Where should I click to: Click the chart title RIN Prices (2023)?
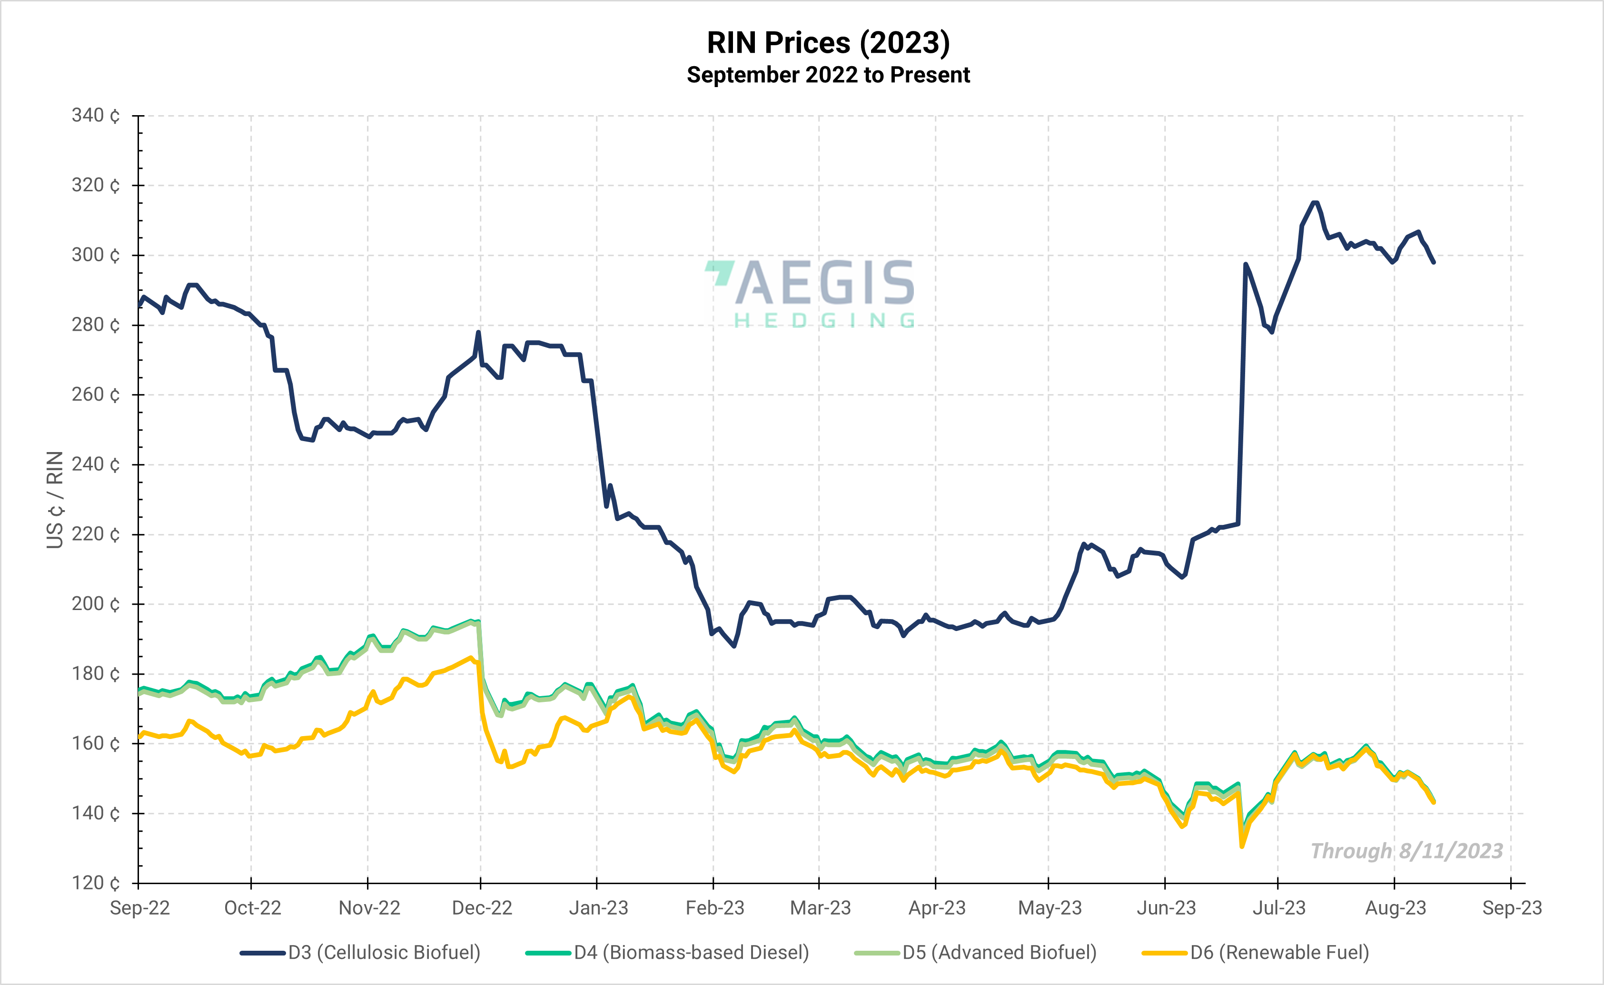coord(828,43)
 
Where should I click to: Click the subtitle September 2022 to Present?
coord(828,75)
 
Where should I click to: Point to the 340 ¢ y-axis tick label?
coord(96,116)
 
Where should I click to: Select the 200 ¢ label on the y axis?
coord(96,604)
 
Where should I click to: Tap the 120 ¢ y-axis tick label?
coord(96,883)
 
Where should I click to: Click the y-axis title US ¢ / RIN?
coord(55,500)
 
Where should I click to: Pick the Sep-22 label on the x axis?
coord(139,908)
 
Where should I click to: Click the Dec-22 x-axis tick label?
coord(482,908)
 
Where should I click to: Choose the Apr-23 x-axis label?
coord(937,908)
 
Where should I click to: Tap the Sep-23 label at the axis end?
coord(1512,908)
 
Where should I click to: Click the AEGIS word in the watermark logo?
coord(824,284)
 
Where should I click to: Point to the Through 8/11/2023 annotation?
coord(1406,851)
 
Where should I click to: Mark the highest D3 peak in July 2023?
coord(1315,203)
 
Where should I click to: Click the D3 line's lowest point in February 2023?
coord(734,646)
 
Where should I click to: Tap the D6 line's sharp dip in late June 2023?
coord(1242,846)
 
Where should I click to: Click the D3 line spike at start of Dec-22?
coord(478,332)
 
